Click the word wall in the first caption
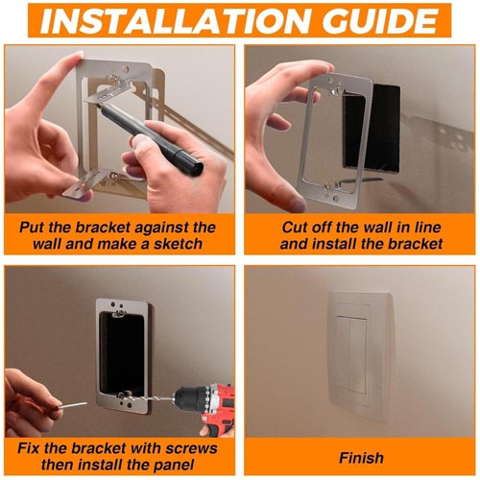40,244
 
